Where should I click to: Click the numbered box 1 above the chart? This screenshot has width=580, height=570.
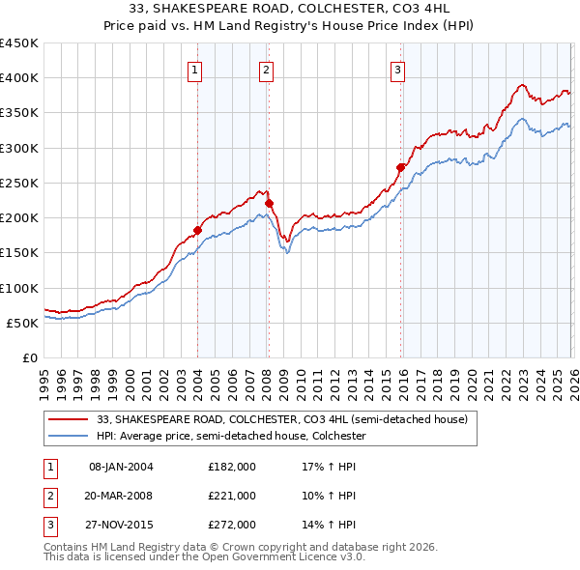point(195,69)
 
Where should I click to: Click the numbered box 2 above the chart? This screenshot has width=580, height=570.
point(266,69)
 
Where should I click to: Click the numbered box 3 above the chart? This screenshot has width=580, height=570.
point(397,69)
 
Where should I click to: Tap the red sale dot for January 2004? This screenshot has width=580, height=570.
point(197,230)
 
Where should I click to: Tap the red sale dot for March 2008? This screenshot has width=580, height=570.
point(269,203)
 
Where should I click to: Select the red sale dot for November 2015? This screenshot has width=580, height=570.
point(400,167)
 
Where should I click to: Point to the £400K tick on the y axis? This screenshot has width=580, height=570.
point(19,78)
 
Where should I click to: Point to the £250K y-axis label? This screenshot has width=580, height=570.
point(19,184)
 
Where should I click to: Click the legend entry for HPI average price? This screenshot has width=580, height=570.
point(229,437)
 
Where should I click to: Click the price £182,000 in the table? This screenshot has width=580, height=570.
point(232,467)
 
